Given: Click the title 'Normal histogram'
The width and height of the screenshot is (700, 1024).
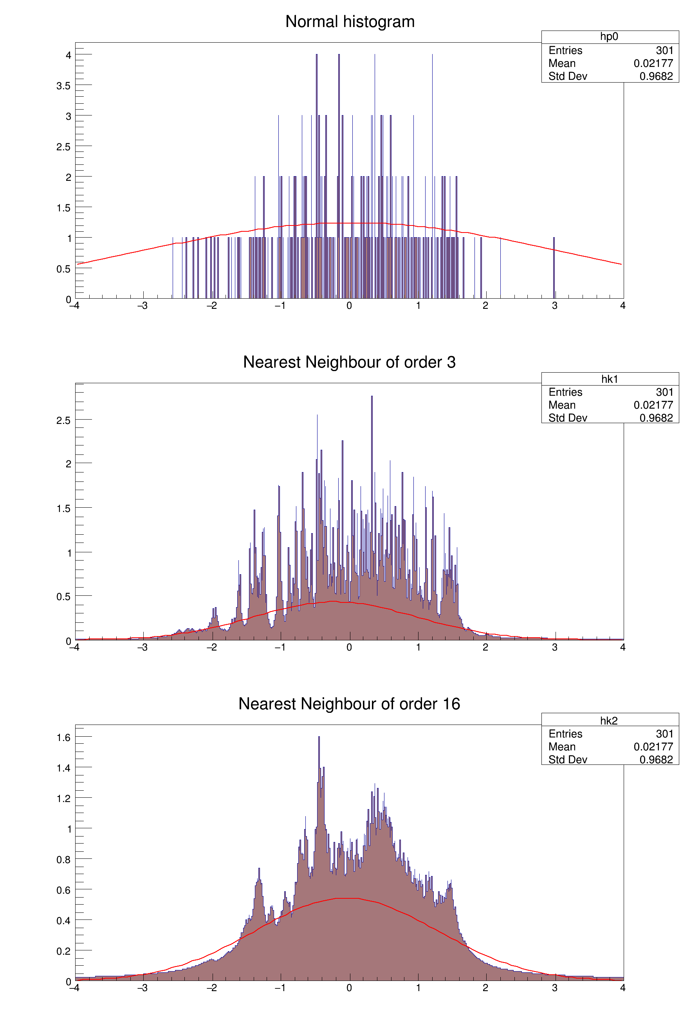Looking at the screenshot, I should (350, 22).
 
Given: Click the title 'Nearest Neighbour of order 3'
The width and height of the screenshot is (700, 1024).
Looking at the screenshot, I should (349, 362).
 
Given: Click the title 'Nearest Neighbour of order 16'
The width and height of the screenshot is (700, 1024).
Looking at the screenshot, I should (349, 704).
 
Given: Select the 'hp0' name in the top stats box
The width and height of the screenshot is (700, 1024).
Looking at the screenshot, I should (609, 36).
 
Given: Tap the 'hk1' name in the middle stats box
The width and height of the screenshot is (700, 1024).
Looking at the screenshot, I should (610, 379).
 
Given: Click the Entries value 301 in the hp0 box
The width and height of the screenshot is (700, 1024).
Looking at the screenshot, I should (664, 50).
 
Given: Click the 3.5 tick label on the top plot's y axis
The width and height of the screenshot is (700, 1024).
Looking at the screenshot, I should (63, 86).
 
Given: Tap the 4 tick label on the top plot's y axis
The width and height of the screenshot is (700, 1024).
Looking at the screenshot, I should (69, 56).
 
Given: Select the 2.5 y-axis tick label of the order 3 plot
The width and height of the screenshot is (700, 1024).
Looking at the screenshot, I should (63, 420).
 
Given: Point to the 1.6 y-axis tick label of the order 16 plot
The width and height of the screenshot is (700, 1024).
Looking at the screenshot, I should (63, 737).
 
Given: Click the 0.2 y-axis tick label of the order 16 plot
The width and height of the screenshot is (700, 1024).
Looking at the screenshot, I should (63, 951).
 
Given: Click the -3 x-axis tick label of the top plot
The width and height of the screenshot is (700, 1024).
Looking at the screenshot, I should (143, 306).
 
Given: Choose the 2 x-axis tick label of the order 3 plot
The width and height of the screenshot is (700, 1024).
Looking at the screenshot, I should (485, 647).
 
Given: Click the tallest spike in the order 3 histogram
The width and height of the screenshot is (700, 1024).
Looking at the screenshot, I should (372, 441).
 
